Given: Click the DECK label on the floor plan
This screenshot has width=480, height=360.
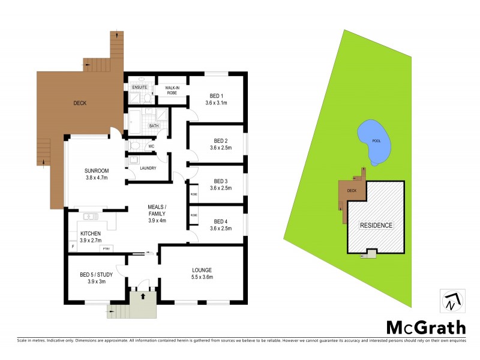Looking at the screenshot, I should tap(80, 103).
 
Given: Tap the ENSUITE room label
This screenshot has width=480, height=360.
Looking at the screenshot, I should tap(140, 88).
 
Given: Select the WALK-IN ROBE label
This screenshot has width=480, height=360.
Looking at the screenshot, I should tap(172, 91).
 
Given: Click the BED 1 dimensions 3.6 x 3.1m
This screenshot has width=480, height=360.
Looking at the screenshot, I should tap(216, 103).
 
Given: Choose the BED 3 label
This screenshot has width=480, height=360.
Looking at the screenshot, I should tap(221, 181).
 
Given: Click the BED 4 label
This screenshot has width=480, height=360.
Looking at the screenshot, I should tap(221, 221).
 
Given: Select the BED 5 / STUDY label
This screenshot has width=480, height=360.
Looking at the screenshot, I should tap(96, 275).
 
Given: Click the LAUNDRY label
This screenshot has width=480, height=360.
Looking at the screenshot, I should tap(148, 168).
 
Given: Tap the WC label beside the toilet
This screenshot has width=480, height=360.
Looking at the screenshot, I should tap(151, 146).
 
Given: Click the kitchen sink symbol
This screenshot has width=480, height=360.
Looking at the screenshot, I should tap(91, 217).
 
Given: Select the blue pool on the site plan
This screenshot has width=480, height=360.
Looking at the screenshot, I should tap(374, 142).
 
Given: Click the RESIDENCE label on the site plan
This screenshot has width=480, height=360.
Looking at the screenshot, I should tap(376, 225).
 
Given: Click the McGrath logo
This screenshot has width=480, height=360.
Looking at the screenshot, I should tap(425, 327).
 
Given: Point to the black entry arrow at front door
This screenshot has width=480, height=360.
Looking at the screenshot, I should tap(142, 296).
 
